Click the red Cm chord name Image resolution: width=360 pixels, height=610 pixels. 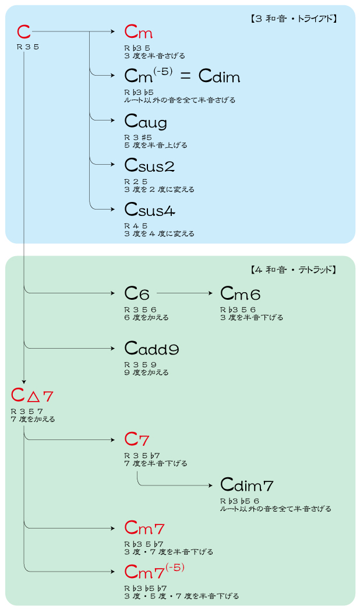tap(139, 33)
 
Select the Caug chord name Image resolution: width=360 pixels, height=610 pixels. tap(146, 122)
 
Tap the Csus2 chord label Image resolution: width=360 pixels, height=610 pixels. tap(150, 166)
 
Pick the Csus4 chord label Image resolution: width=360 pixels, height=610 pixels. tap(150, 210)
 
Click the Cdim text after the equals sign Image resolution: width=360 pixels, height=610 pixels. tap(219, 76)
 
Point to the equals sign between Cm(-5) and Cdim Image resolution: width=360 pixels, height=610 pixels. tap(185, 77)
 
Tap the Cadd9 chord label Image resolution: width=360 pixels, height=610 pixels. tap(151, 349)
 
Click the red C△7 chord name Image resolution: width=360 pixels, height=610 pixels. tap(33, 396)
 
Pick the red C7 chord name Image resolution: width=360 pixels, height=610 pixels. tap(137, 440)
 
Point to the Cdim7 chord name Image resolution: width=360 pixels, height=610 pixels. tap(247, 485)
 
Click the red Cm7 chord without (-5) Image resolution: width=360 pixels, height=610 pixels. tap(144, 529)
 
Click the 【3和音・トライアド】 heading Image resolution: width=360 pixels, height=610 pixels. tap(292, 18)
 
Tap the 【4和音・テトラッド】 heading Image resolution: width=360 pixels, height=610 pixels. tap(292, 269)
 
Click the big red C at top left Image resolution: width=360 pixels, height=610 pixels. tap(24, 33)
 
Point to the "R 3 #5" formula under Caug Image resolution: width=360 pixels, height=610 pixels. tap(138, 137)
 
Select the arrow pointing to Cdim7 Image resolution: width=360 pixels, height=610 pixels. tap(175, 485)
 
